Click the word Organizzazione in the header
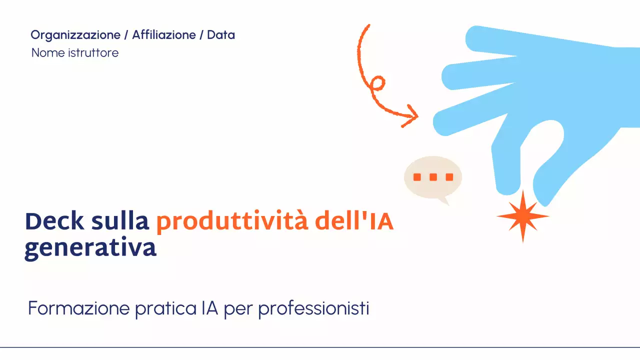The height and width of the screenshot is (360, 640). tap(75, 35)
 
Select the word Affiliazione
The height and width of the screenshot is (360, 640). tap(164, 35)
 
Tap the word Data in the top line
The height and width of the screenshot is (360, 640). tap(220, 35)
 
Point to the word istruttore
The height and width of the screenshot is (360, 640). tap(93, 52)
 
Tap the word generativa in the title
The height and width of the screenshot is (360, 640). tap(90, 248)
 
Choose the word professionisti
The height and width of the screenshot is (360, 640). tap(314, 309)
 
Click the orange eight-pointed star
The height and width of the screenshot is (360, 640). tap(522, 216)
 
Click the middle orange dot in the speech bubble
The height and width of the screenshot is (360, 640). tap(433, 177)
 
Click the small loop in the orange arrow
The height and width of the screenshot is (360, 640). tap(378, 83)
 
